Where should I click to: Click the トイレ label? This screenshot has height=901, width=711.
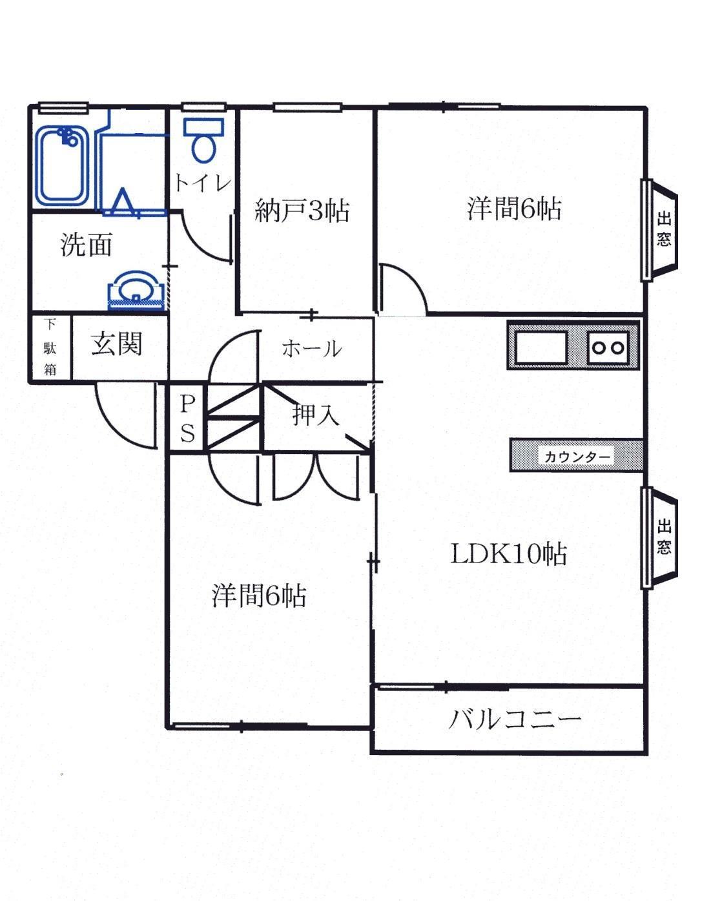point(201,183)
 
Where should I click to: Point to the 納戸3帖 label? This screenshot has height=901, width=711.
point(302,211)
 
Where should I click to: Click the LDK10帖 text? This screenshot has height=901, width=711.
point(508,554)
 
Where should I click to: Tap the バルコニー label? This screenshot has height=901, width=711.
point(515,719)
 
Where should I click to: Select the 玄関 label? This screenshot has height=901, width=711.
point(116,344)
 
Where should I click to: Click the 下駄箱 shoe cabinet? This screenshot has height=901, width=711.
point(50,347)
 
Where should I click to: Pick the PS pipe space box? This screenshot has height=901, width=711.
point(187,418)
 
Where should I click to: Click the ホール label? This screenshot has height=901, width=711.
point(311,349)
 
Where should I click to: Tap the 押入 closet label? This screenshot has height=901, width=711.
point(315,414)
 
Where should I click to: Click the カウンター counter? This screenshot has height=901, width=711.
point(576,456)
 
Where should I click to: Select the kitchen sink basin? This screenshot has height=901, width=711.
point(540,347)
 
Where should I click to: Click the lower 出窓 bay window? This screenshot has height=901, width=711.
point(662,537)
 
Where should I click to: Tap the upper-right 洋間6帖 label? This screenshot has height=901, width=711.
point(513,209)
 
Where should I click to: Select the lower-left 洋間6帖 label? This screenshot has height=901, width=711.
point(258,595)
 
